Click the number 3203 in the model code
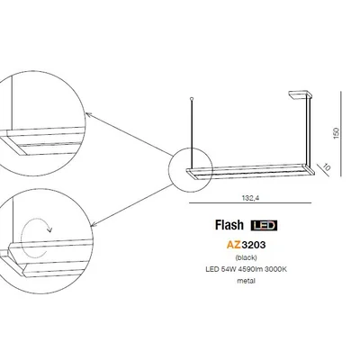(x=257, y=242)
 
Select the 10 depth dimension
(x=328, y=166)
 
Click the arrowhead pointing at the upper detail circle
(x=86, y=113)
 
